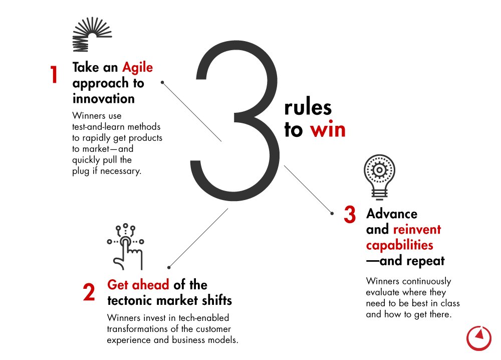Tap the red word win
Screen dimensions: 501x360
tap(328, 129)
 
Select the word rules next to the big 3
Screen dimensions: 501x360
tap(308, 107)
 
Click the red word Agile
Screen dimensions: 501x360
tap(138, 68)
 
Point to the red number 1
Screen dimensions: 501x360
tap(54, 75)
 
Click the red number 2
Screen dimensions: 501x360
tap(89, 292)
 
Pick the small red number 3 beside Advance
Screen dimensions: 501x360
tap(350, 214)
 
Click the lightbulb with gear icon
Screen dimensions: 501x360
tap(379, 177)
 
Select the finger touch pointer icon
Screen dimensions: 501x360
tap(126, 247)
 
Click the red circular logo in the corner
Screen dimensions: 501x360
tap(478, 338)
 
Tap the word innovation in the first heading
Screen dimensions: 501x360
tap(104, 98)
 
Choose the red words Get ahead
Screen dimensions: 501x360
tap(138, 285)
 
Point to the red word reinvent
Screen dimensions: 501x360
tap(417, 230)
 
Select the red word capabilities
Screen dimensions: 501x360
tap(399, 245)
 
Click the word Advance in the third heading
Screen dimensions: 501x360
tap(392, 214)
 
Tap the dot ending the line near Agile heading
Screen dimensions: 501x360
tap(162, 83)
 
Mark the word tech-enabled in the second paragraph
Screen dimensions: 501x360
tap(203, 318)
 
